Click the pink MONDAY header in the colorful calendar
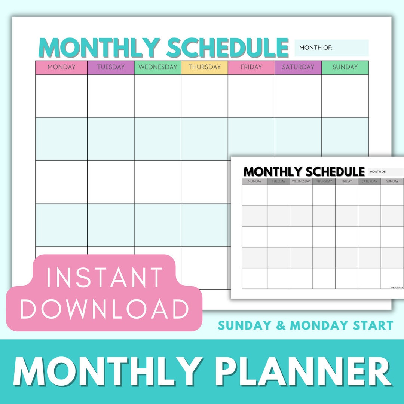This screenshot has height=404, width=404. click(61, 67)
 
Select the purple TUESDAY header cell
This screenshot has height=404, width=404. click(111, 67)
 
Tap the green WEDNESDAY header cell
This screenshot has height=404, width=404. click(157, 67)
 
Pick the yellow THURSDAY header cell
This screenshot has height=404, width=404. click(205, 67)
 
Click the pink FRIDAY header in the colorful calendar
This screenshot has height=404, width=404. click(251, 67)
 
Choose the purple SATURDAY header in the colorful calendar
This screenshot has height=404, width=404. click(298, 67)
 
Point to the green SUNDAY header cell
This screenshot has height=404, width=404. click(345, 67)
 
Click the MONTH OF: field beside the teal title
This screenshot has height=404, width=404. click(331, 48)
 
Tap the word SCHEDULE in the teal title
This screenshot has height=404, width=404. click(227, 48)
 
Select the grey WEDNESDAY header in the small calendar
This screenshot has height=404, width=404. click(301, 181)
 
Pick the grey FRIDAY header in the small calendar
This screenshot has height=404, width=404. click(347, 181)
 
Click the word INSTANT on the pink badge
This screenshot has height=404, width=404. click(105, 277)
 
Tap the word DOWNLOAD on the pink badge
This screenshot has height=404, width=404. click(105, 309)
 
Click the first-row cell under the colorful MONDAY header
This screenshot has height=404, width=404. click(61, 96)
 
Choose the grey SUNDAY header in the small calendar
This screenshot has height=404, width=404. click(392, 181)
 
